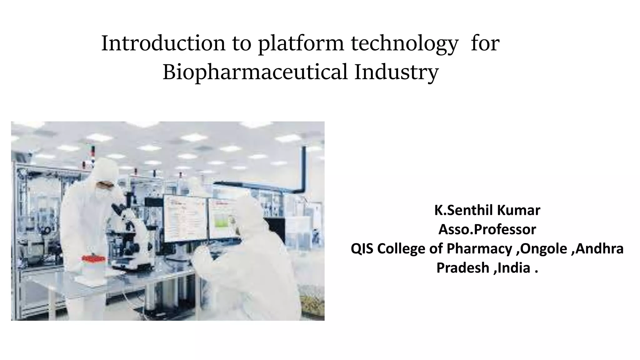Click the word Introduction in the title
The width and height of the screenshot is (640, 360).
163,43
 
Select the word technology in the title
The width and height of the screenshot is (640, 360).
404,43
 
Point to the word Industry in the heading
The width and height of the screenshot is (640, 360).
396,72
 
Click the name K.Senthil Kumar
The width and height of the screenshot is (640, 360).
487,210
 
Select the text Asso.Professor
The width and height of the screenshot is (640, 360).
487,229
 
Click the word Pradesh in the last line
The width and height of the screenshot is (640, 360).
462,268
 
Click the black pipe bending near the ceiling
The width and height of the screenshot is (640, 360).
302,175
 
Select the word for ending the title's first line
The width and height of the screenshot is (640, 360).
485,43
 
